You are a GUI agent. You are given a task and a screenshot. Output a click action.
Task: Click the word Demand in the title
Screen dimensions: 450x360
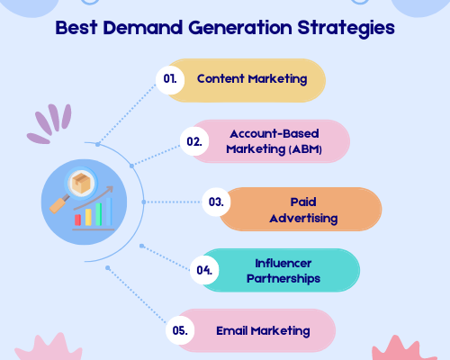[143, 28]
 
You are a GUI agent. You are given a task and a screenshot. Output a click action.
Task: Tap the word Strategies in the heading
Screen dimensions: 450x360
[346, 29]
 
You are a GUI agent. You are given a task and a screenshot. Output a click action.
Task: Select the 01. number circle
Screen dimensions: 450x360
[170, 79]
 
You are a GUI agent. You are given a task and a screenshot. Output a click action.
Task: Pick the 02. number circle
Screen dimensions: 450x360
[194, 141]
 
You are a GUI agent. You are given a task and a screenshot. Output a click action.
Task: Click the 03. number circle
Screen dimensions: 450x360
[216, 202]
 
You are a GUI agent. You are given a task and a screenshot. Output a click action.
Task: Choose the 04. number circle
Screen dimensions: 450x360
[204, 270]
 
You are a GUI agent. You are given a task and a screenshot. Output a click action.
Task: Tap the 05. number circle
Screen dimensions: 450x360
[180, 330]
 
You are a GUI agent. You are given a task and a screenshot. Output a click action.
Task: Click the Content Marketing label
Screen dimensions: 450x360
[252, 79]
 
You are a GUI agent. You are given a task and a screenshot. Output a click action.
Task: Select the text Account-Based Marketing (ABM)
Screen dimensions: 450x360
[274, 141]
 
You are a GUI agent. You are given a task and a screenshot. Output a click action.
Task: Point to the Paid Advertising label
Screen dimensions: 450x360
[303, 210]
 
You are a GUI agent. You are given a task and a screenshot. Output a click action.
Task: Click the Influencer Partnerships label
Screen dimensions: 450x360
[283, 271]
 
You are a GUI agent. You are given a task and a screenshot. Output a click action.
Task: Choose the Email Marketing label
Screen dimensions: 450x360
[263, 331]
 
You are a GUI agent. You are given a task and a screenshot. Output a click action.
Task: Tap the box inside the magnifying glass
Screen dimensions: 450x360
[81, 182]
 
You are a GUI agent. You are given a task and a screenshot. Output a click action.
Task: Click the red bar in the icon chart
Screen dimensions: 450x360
[77, 220]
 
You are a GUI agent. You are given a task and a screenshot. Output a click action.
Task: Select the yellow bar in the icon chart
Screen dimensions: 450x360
[88, 217]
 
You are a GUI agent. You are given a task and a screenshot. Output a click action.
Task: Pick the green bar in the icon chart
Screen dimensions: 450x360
[98, 214]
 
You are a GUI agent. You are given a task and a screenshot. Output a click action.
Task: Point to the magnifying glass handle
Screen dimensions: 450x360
[58, 204]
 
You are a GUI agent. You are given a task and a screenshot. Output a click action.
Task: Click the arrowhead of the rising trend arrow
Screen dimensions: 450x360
[110, 190]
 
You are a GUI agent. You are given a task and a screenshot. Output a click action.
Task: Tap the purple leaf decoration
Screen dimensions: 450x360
[49, 123]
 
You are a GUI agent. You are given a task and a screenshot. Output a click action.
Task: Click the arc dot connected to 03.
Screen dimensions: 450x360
[144, 202]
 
